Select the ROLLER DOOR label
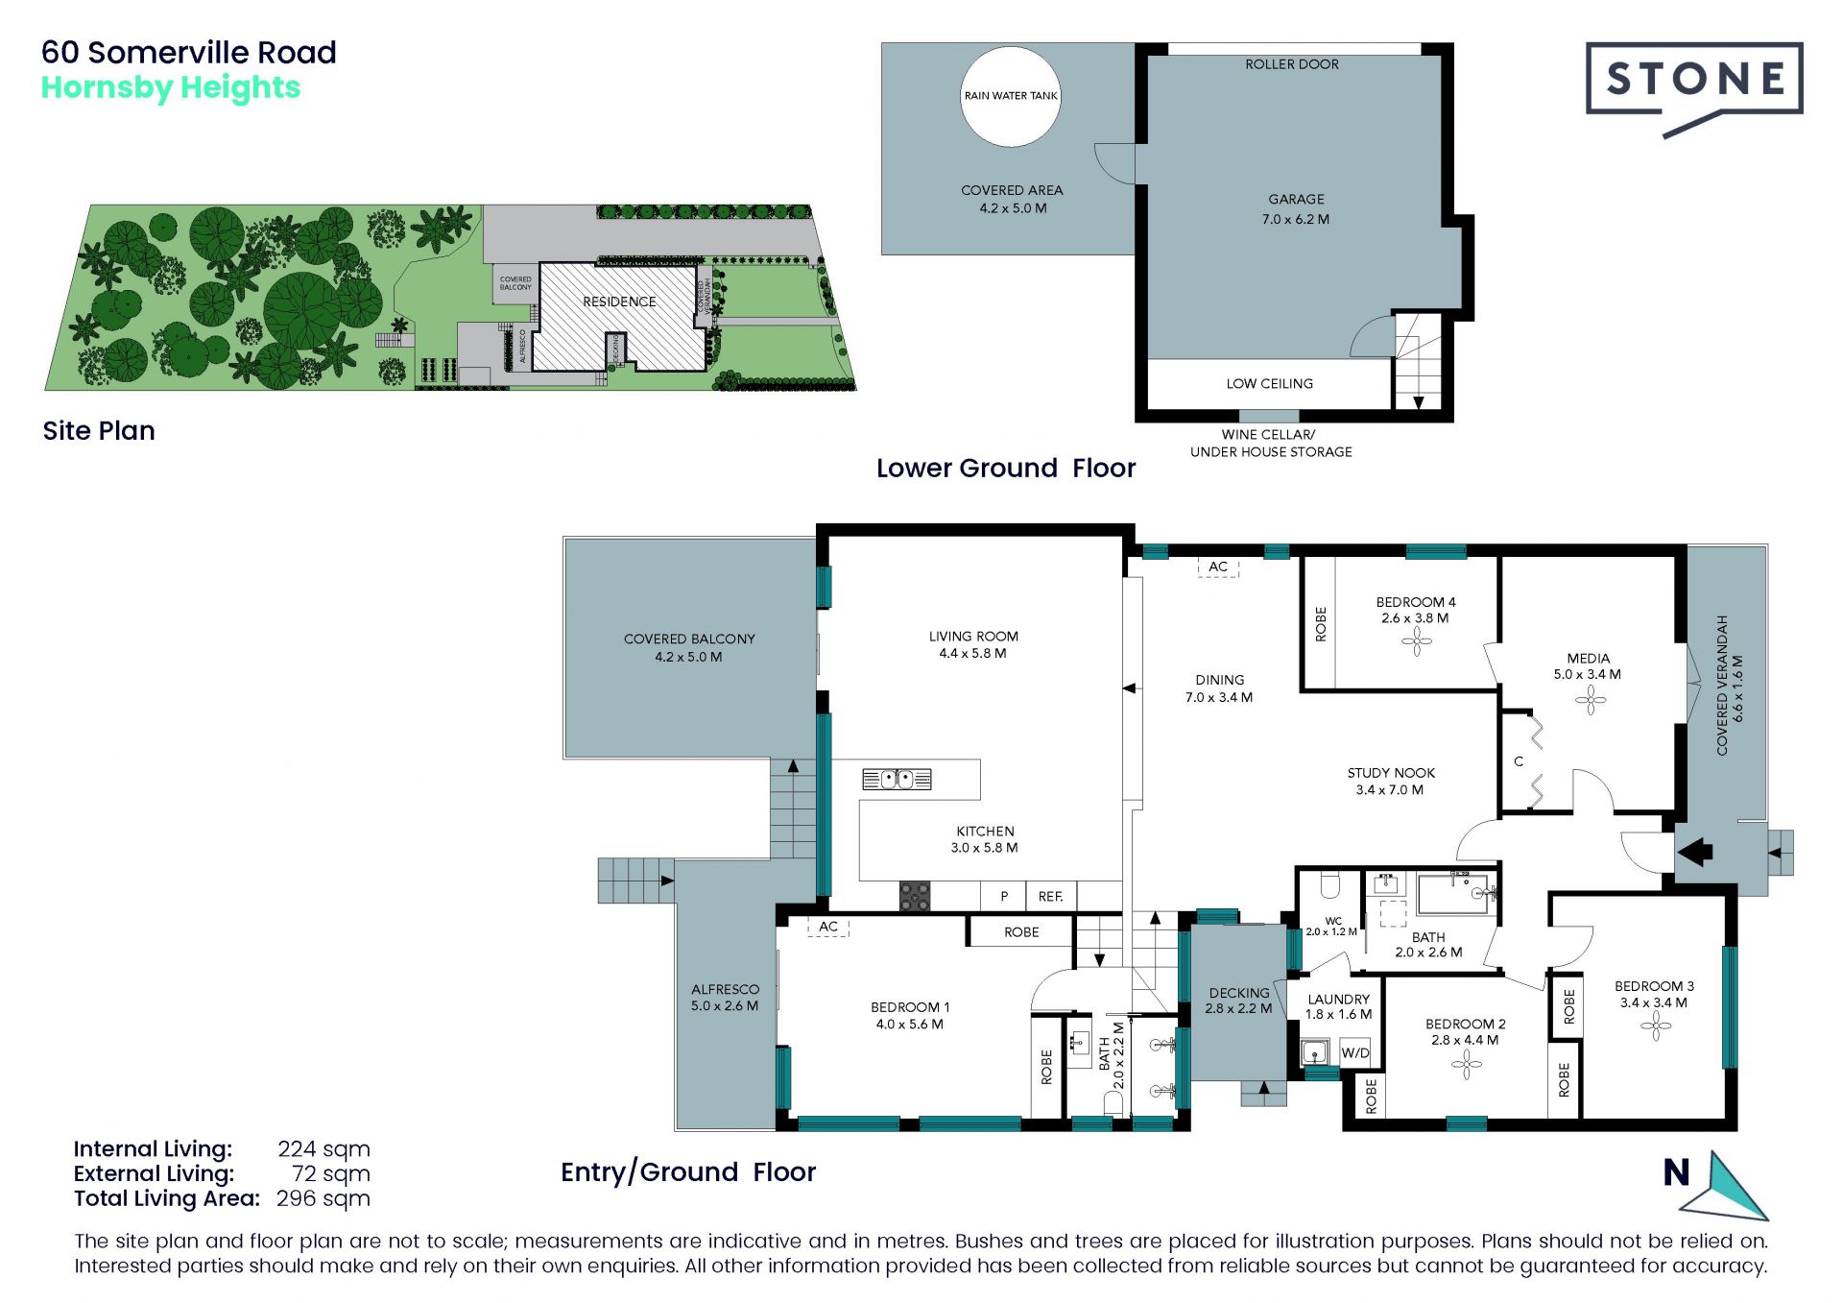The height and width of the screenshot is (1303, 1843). coord(1292,64)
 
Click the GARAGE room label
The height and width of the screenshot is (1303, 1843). coord(1296,200)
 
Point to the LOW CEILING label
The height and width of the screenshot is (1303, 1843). coord(1269,384)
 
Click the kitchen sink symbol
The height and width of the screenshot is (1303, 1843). coord(897,779)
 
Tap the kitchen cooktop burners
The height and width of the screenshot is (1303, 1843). coord(915,896)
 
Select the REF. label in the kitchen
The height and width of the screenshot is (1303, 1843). coord(1050,897)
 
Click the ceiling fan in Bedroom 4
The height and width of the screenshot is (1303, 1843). coord(1417,641)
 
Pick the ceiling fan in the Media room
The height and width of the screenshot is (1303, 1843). coord(1591,700)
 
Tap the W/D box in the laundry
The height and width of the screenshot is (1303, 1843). coord(1355,1052)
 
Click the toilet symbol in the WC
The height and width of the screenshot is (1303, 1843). coord(1330,883)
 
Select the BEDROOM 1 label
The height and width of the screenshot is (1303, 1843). coord(910,1007)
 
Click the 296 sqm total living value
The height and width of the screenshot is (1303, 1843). coord(323,1199)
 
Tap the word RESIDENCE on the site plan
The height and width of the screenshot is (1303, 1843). coord(619,302)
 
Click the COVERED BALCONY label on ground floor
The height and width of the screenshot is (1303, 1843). coord(689,639)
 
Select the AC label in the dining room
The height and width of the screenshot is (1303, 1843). coord(1218,567)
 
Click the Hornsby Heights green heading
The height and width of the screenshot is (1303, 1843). coord(171,87)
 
